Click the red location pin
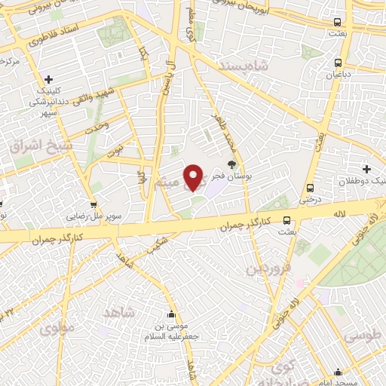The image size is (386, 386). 195,177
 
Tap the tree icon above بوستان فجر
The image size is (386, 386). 231,164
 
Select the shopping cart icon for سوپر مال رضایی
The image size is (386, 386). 93,205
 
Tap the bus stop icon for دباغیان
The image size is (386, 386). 337,63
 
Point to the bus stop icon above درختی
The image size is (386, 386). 309,188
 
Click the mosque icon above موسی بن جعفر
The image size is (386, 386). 171,314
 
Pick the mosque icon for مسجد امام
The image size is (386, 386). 338,372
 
